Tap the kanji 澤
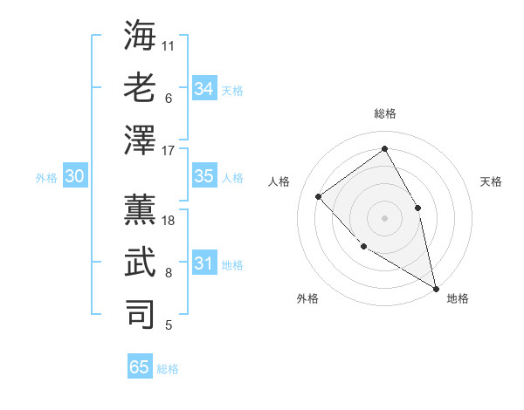click(141, 140)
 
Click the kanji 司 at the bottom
click(141, 314)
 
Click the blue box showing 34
click(204, 88)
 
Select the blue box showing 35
click(204, 176)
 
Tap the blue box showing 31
click(204, 263)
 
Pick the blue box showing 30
click(74, 176)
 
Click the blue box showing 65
click(140, 367)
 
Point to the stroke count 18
click(169, 220)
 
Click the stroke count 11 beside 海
click(169, 44)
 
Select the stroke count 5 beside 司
click(169, 325)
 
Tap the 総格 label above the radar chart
click(385, 113)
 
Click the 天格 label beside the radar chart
click(491, 181)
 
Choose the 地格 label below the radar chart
click(458, 298)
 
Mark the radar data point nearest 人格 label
click(319, 196)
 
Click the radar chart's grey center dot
click(384, 217)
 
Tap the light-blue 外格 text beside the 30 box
click(46, 177)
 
